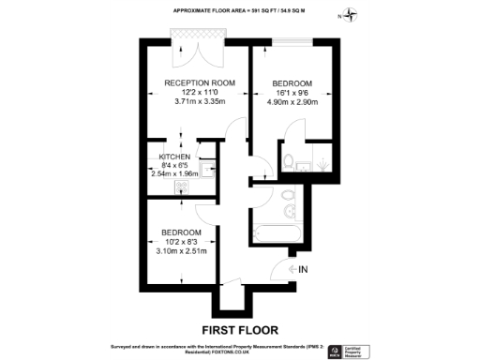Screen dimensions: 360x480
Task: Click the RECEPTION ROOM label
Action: (198, 82)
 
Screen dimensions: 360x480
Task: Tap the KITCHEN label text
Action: (174, 156)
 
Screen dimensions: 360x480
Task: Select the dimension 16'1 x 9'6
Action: (292, 92)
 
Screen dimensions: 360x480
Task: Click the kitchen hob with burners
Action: (180, 186)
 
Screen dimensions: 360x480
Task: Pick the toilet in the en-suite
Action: (290, 158)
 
